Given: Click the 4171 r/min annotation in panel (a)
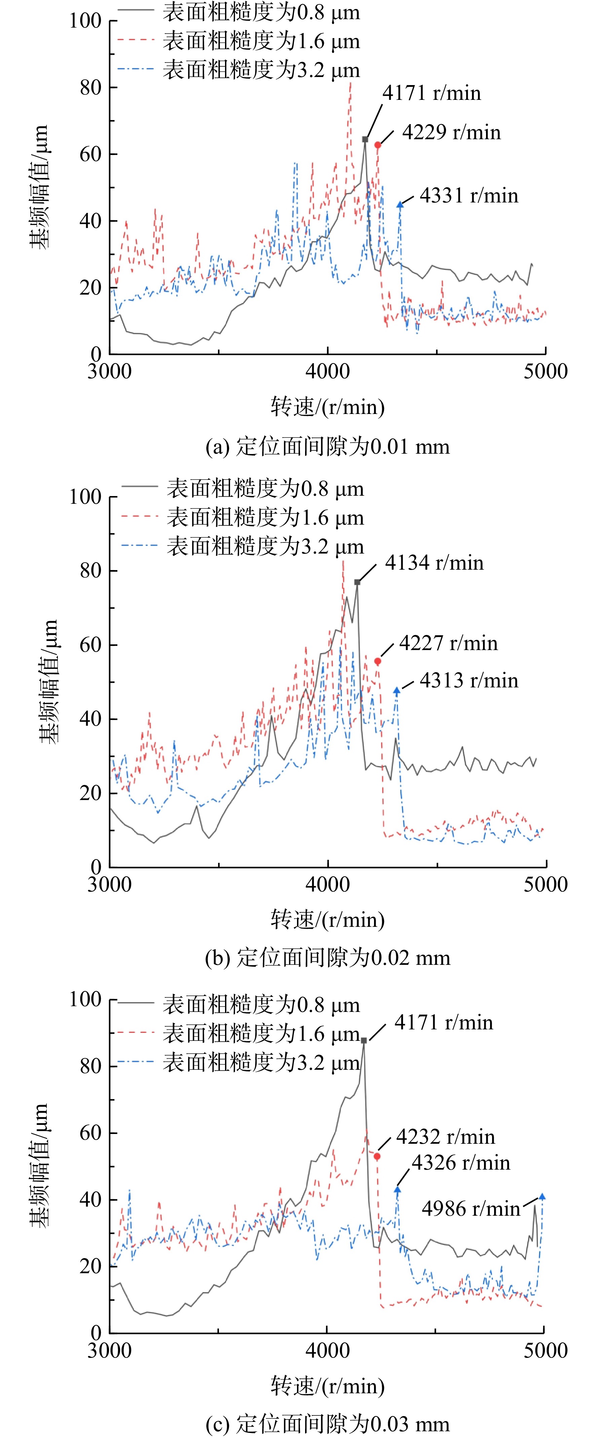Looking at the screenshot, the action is [432, 93].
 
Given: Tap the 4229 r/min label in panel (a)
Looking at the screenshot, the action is [451, 132].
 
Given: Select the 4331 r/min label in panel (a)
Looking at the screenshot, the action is [469, 195].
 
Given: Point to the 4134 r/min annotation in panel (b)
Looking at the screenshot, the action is [434, 563].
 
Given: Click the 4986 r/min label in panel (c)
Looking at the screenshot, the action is [471, 1209].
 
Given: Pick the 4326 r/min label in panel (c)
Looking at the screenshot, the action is [461, 1163].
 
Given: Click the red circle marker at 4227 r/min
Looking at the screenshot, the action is [378, 661].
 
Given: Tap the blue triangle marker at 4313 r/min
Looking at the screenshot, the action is [397, 690].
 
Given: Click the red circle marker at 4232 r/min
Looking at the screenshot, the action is [377, 1156].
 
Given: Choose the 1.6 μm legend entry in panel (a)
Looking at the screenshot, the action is [239, 41].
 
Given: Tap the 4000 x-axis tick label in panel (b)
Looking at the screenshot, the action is [328, 884].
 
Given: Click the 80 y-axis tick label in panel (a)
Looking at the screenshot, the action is [90, 88].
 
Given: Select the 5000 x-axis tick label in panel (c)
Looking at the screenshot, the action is [545, 1350].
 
